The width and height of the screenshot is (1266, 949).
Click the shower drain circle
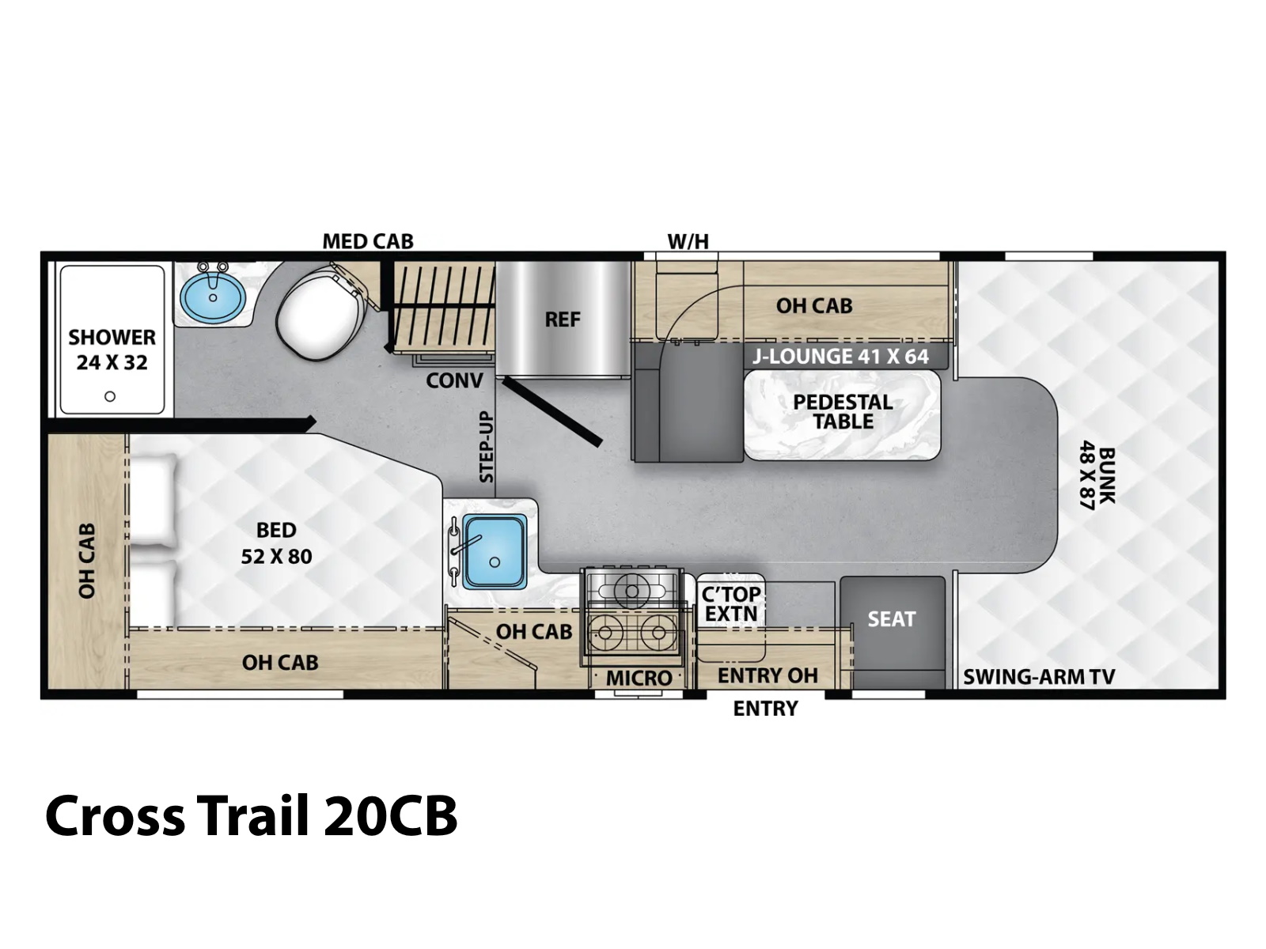(109, 396)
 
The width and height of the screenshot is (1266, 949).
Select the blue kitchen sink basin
(495, 551)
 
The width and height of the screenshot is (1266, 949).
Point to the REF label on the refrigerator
(563, 319)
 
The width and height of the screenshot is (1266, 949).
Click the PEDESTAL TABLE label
(843, 411)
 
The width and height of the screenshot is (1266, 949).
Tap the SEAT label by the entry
(892, 619)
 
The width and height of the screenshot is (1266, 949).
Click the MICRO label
(639, 679)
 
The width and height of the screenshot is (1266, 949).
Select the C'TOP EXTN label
(731, 604)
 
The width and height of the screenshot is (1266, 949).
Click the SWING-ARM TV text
(1039, 676)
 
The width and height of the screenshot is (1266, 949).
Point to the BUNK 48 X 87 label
(1097, 475)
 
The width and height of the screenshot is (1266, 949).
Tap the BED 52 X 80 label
(276, 543)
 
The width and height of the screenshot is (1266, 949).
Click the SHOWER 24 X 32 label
(112, 350)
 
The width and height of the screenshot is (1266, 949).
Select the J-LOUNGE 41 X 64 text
(840, 357)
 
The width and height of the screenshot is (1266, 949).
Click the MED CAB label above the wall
(368, 241)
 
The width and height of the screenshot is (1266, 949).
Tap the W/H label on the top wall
(688, 241)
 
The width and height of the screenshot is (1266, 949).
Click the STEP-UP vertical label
(487, 447)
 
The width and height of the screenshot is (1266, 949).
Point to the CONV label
(454, 380)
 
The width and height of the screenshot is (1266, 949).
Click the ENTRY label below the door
(765, 708)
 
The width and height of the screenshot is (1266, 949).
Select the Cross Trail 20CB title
(252, 816)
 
